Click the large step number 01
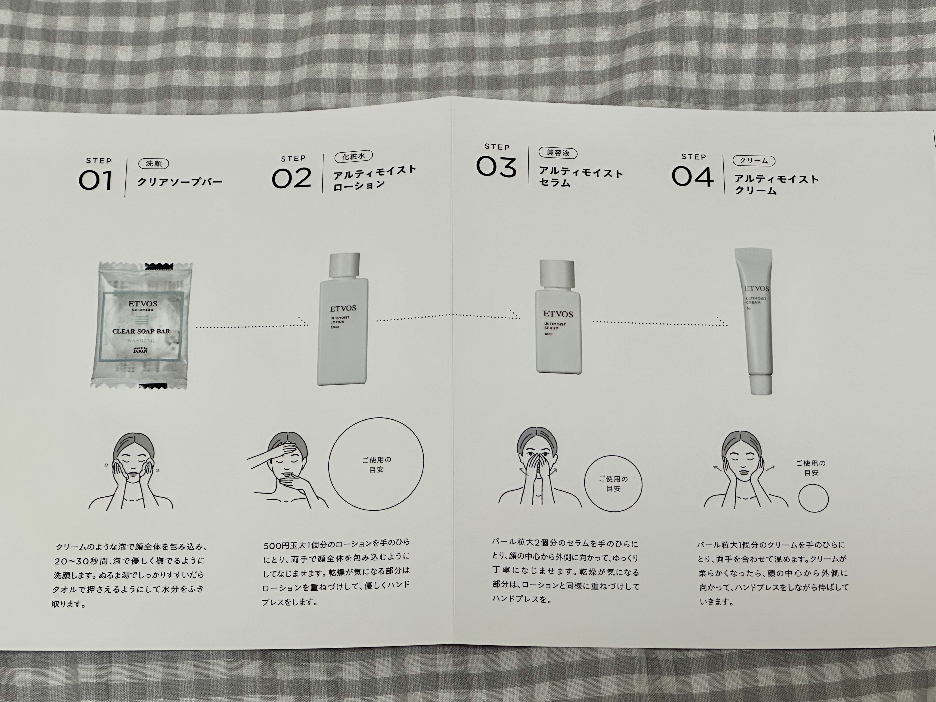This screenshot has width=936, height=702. tap(96, 181)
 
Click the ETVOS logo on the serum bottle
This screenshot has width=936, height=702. tap(558, 314)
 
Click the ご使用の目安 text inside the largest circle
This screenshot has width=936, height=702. tap(376, 465)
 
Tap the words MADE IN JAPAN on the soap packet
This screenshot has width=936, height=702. tap(140, 350)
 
